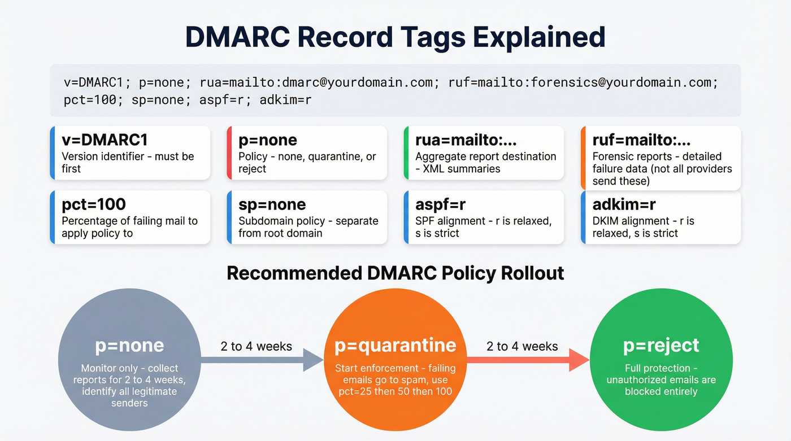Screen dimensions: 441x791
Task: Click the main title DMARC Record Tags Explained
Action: (395, 36)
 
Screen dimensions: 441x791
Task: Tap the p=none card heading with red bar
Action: (268, 140)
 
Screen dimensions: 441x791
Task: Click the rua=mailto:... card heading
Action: (466, 140)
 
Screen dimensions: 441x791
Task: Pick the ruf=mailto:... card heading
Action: (641, 140)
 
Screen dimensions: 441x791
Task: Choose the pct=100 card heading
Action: (94, 204)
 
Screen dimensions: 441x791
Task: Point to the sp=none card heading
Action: (272, 204)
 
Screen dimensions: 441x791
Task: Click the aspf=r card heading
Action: (440, 204)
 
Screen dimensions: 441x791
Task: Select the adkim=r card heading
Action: (623, 204)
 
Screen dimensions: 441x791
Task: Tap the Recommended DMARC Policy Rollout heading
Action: (395, 273)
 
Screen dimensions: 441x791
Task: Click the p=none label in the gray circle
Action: (129, 346)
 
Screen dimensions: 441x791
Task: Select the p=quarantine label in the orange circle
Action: (395, 346)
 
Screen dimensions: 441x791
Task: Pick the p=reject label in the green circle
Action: (661, 346)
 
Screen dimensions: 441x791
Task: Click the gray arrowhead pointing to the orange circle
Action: (313, 360)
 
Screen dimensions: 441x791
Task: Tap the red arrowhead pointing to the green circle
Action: (579, 360)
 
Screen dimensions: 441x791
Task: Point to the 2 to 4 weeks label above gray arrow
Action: (257, 346)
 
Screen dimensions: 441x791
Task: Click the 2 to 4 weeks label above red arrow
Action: (522, 346)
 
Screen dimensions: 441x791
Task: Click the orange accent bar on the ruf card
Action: (583, 157)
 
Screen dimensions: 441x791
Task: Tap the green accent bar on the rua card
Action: (406, 152)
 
